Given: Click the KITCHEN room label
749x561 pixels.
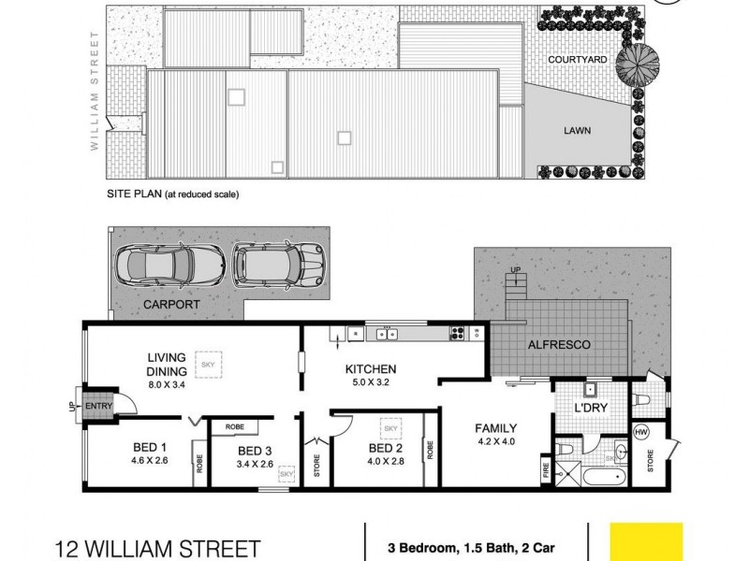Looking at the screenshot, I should (371, 368).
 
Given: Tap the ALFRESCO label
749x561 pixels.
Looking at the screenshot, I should (561, 345).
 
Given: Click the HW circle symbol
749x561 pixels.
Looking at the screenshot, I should (641, 431).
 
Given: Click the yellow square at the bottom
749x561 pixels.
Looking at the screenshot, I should (645, 541).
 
